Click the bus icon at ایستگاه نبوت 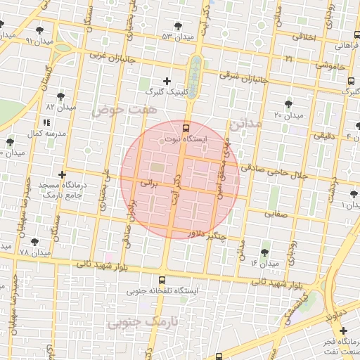[x=186, y=128]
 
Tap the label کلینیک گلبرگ [x=165, y=92]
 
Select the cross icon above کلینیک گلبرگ [x=167, y=81]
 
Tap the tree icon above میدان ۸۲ [x=61, y=96]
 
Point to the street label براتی [x=150, y=182]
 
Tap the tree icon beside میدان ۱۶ [x=264, y=252]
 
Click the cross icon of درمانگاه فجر [x=342, y=330]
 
